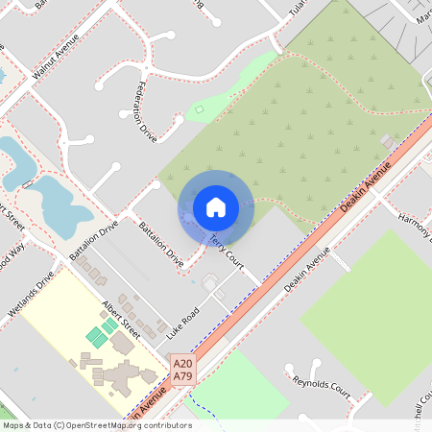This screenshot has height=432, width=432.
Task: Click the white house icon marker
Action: coord(215,206)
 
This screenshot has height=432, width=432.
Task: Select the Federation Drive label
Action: coord(144,107)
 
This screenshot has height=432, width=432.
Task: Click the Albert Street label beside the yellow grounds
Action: coord(121,319)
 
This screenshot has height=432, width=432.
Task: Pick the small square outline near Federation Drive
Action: coord(200,110)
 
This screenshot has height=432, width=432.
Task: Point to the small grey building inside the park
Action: coord(388,141)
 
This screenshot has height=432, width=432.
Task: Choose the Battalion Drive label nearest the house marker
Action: coord(160,243)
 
